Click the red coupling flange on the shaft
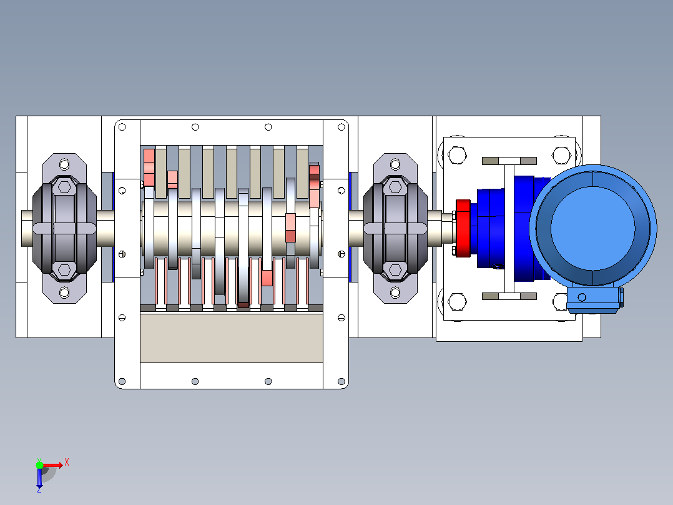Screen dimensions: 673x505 tap(463, 228)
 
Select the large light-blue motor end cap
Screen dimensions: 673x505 tap(593, 226)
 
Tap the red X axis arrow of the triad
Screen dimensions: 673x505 tap(53, 465)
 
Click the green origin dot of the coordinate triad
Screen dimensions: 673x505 tap(39, 465)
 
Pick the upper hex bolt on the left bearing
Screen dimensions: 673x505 tap(64, 187)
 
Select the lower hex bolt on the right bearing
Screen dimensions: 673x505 tap(395, 270)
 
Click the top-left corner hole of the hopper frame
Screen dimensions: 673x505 tap(122, 127)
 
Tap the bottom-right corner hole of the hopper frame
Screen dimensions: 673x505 tap(341, 382)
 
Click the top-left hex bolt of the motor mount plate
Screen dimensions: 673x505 tap(457, 155)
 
